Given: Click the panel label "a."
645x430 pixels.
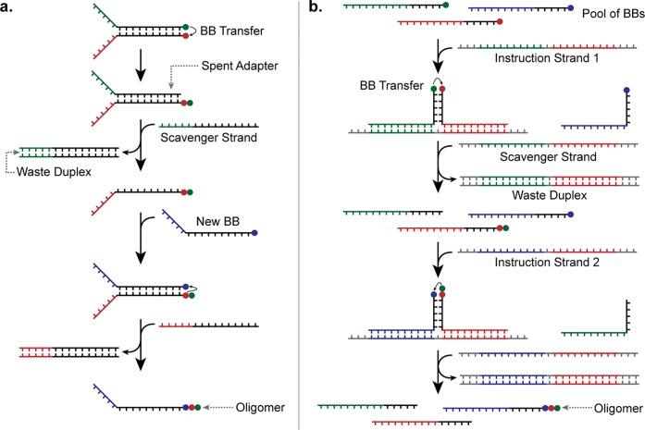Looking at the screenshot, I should tap(11, 8).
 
